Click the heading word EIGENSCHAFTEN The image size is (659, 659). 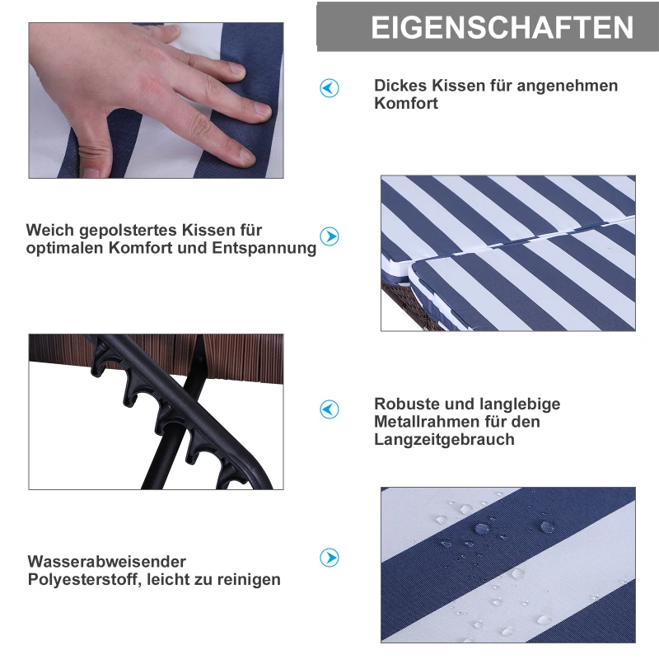point(502,27)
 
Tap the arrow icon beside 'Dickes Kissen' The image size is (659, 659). point(329,88)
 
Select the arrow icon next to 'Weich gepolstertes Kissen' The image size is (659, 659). point(329,237)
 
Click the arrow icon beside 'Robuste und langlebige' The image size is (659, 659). point(329,409)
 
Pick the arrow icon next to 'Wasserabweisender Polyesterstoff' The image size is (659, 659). point(329,558)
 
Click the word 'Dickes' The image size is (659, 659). point(400,86)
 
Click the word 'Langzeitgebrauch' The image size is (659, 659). point(444,440)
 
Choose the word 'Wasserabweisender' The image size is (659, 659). point(107,562)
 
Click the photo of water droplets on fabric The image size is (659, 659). point(507,564)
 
